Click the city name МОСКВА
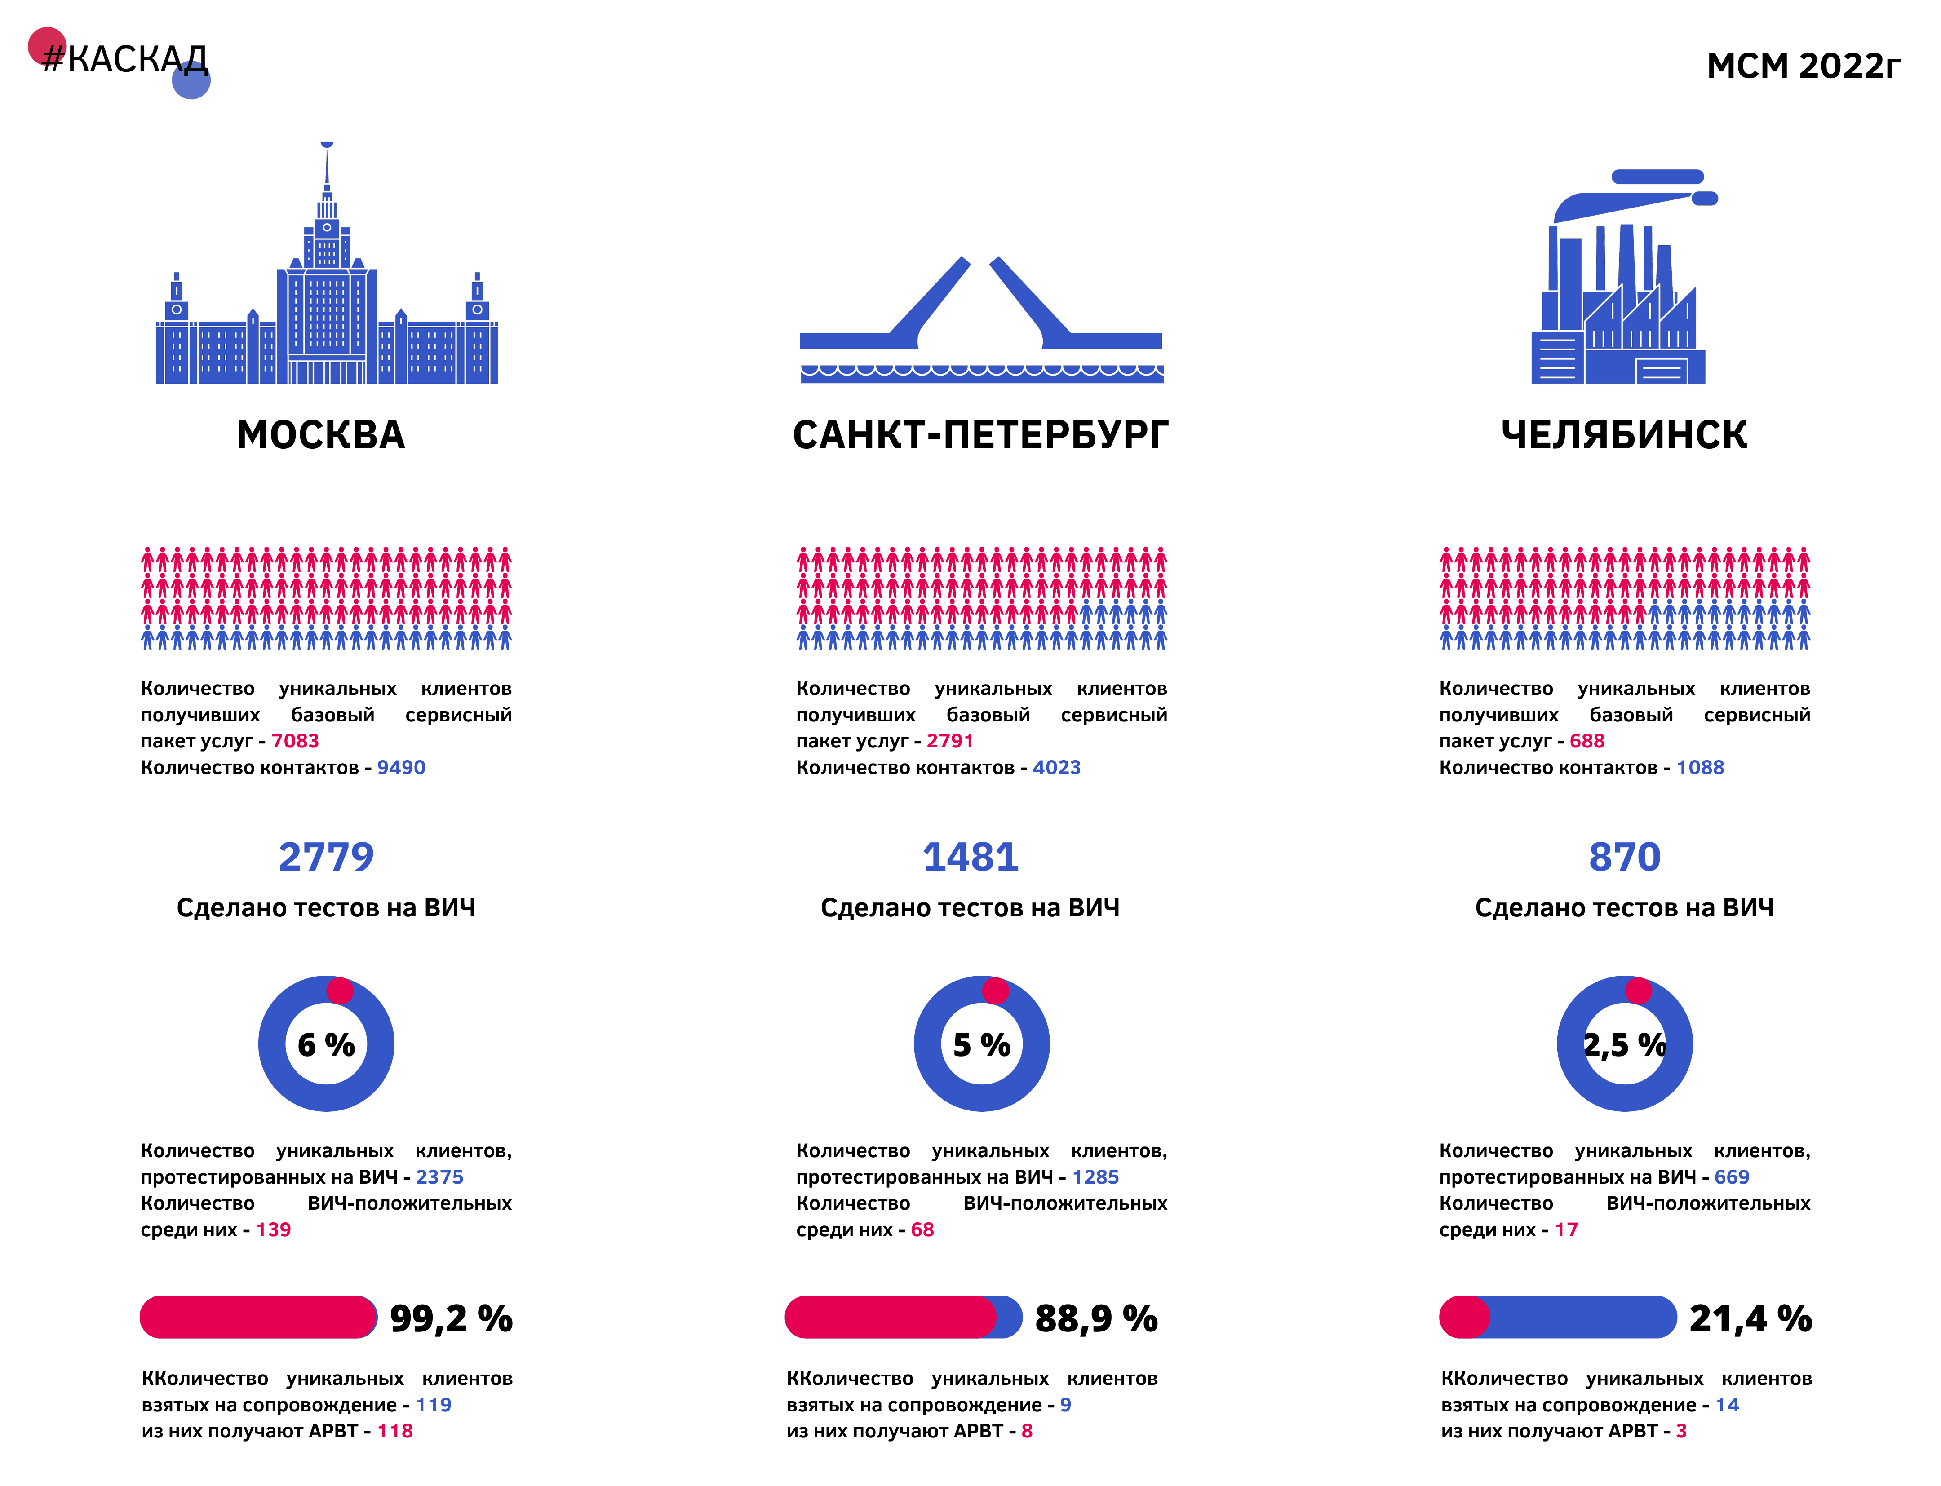(x=321, y=435)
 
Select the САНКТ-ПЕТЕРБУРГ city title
(x=980, y=435)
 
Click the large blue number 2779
(x=327, y=857)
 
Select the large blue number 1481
(x=970, y=857)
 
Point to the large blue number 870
(x=1624, y=857)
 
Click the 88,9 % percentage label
(x=1096, y=1319)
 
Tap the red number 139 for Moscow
(x=273, y=1230)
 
